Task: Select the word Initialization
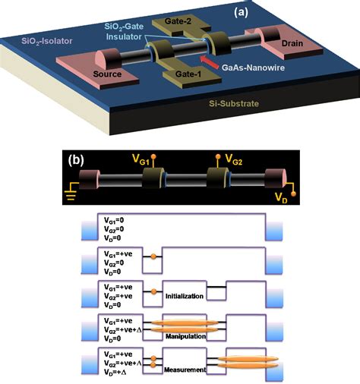click(186, 295)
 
